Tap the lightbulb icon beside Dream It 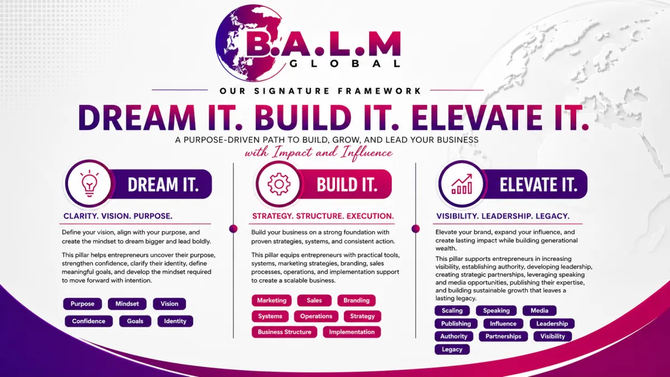point(89,183)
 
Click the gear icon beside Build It point(279,184)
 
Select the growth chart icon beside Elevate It point(462,184)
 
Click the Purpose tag point(82,304)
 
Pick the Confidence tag point(89,321)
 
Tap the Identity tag point(175,321)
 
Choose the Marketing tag point(271,300)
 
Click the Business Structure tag point(284,332)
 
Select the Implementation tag point(352,332)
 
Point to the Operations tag point(316,316)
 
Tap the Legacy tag point(452,350)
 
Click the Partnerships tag point(504,336)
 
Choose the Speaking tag point(496,311)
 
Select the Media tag point(539,311)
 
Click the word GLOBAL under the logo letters point(345,64)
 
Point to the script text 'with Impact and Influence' point(319,152)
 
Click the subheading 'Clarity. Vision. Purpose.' point(118,216)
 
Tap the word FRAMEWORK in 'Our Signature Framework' point(379,90)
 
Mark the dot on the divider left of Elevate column point(415,229)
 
